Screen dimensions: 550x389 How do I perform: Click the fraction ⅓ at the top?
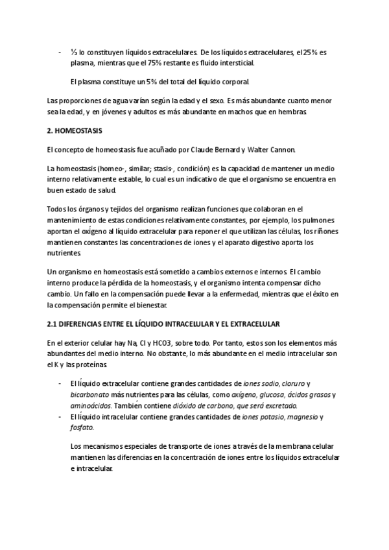pyautogui.click(x=73, y=51)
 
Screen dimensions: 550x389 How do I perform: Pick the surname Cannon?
pyautogui.click(x=279, y=149)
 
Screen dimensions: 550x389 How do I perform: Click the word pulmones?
pyautogui.click(x=322, y=220)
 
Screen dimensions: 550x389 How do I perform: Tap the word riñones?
pyautogui.click(x=324, y=232)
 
